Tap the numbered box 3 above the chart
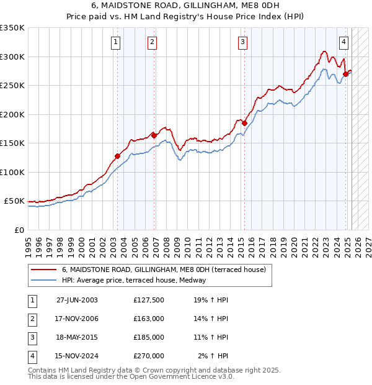click(242, 42)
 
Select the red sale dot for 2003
click(117, 156)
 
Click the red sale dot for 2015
click(244, 123)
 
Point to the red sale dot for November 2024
click(345, 74)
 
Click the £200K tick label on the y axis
click(12, 114)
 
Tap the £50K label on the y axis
click(15, 201)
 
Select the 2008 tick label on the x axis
click(166, 245)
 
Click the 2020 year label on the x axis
click(294, 245)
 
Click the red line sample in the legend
click(43, 269)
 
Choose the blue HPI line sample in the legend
click(43, 280)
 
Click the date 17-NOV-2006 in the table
click(77, 319)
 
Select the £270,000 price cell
click(149, 356)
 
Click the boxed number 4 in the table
click(32, 356)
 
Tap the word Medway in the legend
click(210, 280)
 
